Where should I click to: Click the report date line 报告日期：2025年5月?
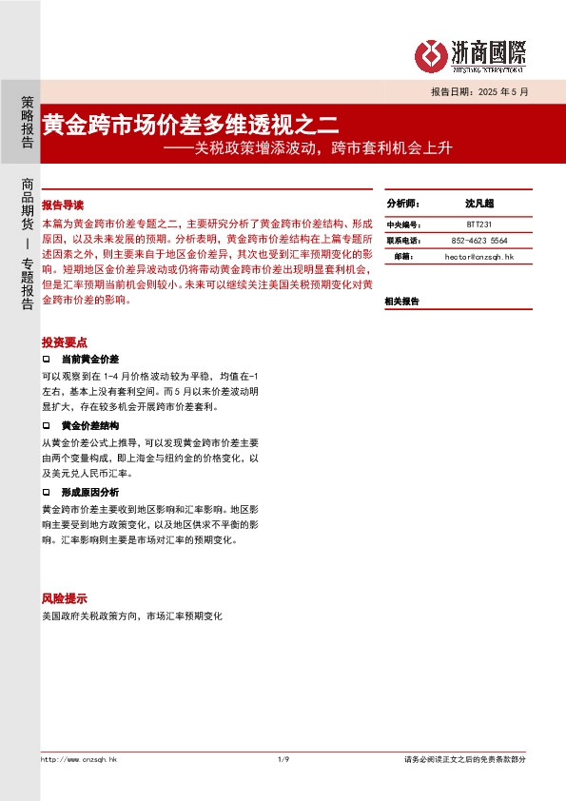point(478,92)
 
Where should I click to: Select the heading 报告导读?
point(64,205)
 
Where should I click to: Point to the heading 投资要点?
point(65,342)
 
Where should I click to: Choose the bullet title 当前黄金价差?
point(89,360)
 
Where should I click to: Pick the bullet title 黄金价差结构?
point(89,425)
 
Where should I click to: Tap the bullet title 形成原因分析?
point(89,492)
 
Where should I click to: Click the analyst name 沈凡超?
point(479,204)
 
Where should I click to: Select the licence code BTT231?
point(479,225)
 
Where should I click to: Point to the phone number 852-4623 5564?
point(479,241)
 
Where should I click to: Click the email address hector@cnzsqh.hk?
point(479,257)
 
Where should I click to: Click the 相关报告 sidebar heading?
point(401,301)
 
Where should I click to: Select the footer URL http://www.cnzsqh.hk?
point(78,759)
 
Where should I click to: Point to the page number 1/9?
point(283,759)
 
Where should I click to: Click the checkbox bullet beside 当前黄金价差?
point(47,360)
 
